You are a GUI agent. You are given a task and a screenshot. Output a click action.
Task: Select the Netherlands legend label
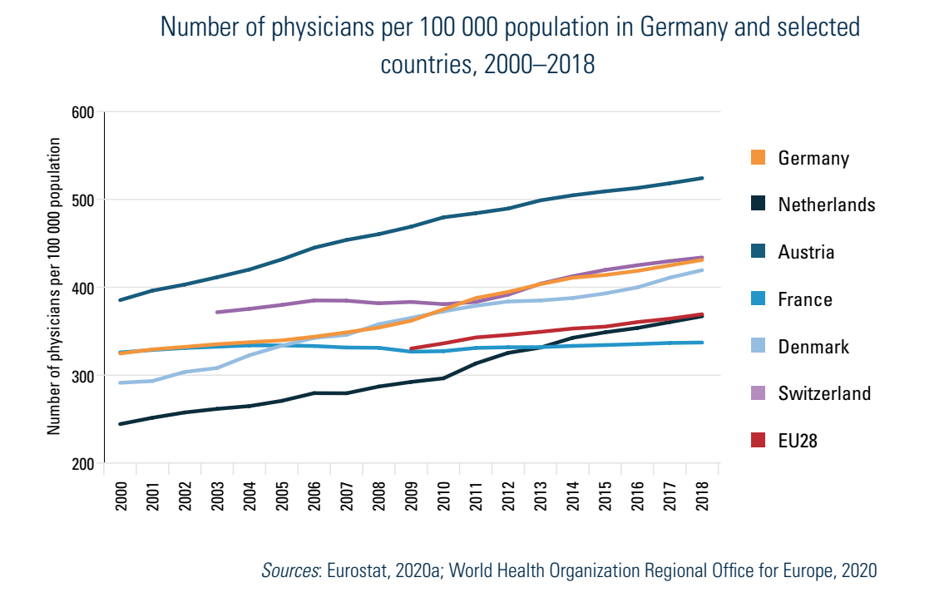point(827,205)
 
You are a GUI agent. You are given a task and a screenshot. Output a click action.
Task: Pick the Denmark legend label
point(813,347)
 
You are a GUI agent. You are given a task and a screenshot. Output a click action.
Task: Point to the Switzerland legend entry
point(824,393)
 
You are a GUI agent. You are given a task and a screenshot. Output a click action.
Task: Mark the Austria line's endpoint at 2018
point(703,178)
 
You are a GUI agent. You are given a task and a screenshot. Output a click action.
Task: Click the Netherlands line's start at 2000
point(121,424)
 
